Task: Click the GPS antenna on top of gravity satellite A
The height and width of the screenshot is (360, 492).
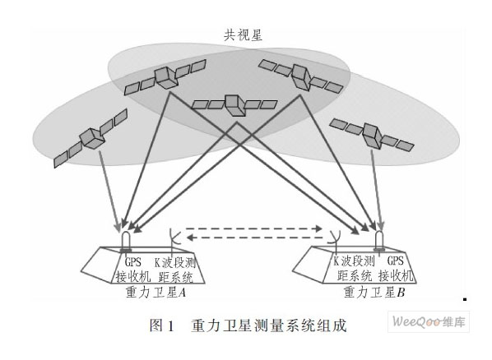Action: click(126, 238)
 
